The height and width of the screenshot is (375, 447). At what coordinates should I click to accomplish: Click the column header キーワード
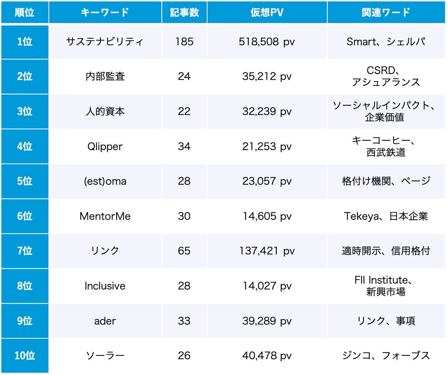pos(105,12)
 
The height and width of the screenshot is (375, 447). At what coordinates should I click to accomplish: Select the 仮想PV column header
pos(267,12)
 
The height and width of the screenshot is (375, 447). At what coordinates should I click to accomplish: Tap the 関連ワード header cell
pos(386,12)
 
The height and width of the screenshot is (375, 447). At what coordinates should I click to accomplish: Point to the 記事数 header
pos(184,12)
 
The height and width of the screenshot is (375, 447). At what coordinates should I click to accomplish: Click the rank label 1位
pos(24,42)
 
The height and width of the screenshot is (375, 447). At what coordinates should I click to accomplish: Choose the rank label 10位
pos(24,356)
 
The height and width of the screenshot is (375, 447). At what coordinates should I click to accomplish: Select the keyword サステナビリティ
pos(105,42)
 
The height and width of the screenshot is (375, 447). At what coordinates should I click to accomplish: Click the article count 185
pos(184,42)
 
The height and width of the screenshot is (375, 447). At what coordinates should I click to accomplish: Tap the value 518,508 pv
pos(267,42)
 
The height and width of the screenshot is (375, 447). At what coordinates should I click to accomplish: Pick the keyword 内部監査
pos(105,76)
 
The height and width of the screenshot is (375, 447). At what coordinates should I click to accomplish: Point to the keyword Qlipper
pos(105,147)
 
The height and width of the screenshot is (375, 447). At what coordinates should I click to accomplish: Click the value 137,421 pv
pos(267,251)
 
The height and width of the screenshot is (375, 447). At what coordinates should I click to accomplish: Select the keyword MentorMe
pos(105,216)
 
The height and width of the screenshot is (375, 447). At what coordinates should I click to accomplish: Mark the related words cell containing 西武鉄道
pos(386,147)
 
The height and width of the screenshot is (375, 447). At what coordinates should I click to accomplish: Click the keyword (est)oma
pos(105,181)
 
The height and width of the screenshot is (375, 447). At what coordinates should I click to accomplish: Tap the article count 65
pos(184,251)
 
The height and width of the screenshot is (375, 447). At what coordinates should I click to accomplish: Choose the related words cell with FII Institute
pos(386,286)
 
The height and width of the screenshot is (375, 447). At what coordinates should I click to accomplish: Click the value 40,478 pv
pos(267,356)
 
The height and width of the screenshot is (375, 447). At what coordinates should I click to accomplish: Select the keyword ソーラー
pos(105,356)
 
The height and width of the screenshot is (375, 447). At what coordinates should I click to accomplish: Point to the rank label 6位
pos(24,216)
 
